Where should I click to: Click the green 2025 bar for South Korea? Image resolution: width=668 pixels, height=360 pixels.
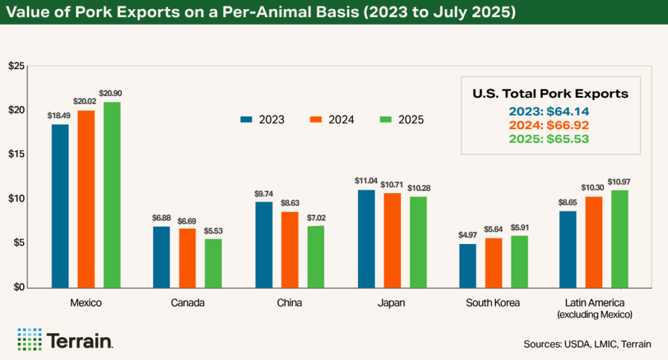coord(519,261)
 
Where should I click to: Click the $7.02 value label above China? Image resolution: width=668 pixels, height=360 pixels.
coord(315,218)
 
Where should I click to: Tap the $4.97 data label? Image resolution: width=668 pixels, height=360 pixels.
coord(468,236)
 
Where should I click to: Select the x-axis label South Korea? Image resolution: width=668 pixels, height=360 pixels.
coord(493,303)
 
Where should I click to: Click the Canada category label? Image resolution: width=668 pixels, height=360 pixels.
coord(187,303)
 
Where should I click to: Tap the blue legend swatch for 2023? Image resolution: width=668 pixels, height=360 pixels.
coord(246,119)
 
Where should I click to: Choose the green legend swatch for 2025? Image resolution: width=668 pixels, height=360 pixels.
coord(385,119)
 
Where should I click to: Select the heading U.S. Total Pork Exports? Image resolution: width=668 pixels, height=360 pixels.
coord(550,94)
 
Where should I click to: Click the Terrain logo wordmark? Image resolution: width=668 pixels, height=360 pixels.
coord(80,340)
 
